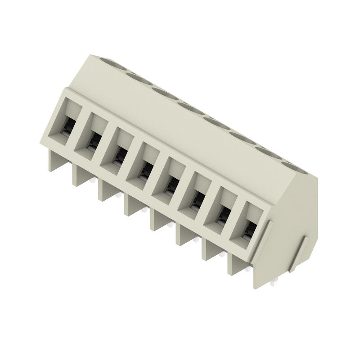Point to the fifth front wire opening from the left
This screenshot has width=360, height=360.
click(171, 183)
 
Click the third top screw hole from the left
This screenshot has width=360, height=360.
click(164, 93)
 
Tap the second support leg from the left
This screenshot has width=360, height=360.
click(80, 176)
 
